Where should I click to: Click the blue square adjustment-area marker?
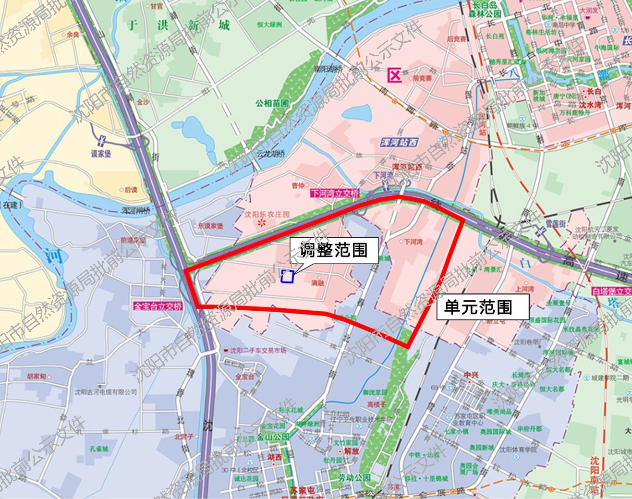(x=287, y=276)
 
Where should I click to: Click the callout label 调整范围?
(x=333, y=250)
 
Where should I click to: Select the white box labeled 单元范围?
(x=482, y=307)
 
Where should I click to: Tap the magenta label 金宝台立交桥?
(x=158, y=306)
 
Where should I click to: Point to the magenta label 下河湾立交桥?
(x=335, y=193)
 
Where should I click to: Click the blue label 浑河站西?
(x=399, y=142)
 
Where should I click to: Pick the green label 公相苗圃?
(x=272, y=103)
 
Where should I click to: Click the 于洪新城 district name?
(x=178, y=25)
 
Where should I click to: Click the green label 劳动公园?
(x=354, y=478)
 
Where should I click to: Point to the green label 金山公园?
(x=273, y=437)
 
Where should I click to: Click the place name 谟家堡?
(x=101, y=154)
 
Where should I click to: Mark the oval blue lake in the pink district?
(x=357, y=114)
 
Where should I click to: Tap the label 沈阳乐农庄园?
(x=267, y=215)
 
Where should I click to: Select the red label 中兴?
(x=471, y=375)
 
